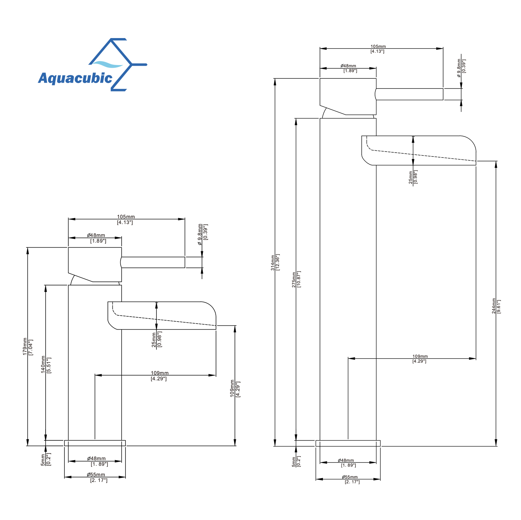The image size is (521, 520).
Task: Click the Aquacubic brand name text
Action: pyautogui.click(x=75, y=78)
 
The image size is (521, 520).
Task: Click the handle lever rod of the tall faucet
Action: pyautogui.click(x=410, y=94)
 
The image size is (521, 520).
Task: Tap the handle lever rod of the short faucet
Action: pyautogui.click(x=153, y=262)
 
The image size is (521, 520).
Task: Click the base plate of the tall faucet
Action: pyautogui.click(x=348, y=443)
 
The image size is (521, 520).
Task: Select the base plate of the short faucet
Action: pyautogui.click(x=95, y=443)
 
